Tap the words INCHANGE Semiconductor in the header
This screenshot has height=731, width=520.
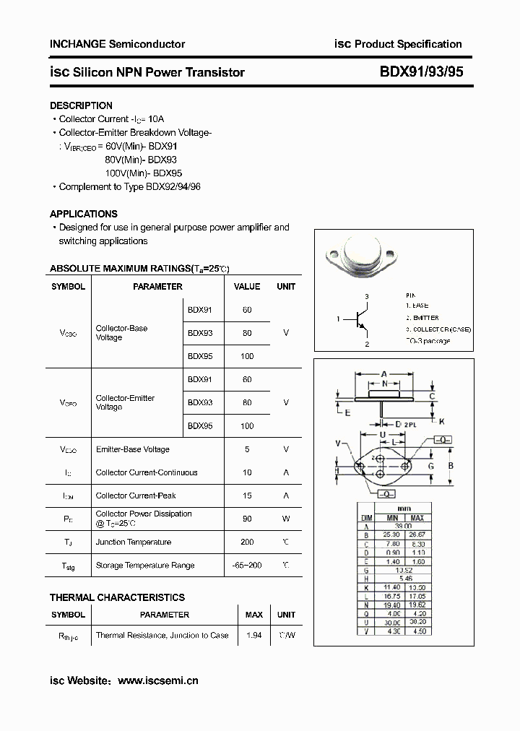click(117, 44)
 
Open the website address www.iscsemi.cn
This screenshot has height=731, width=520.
click(157, 680)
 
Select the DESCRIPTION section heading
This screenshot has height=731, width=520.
click(81, 105)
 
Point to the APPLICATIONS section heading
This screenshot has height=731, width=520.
click(83, 214)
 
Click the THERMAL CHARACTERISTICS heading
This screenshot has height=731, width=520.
click(117, 597)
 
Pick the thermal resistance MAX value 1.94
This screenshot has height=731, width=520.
click(253, 635)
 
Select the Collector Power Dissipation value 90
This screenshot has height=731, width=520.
click(247, 519)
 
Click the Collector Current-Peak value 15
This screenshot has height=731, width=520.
click(247, 496)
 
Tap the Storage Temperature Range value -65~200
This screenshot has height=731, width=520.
click(247, 566)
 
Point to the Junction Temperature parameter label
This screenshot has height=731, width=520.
click(134, 542)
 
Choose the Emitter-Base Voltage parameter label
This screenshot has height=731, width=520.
click(133, 449)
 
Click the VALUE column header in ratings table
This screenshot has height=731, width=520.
click(247, 286)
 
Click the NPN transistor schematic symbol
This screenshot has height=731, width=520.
click(361, 319)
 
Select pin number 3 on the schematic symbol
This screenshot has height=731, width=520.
click(367, 297)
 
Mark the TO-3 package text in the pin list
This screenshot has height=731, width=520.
click(428, 340)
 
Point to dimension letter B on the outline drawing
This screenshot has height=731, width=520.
click(451, 466)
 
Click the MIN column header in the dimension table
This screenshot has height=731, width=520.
click(392, 518)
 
